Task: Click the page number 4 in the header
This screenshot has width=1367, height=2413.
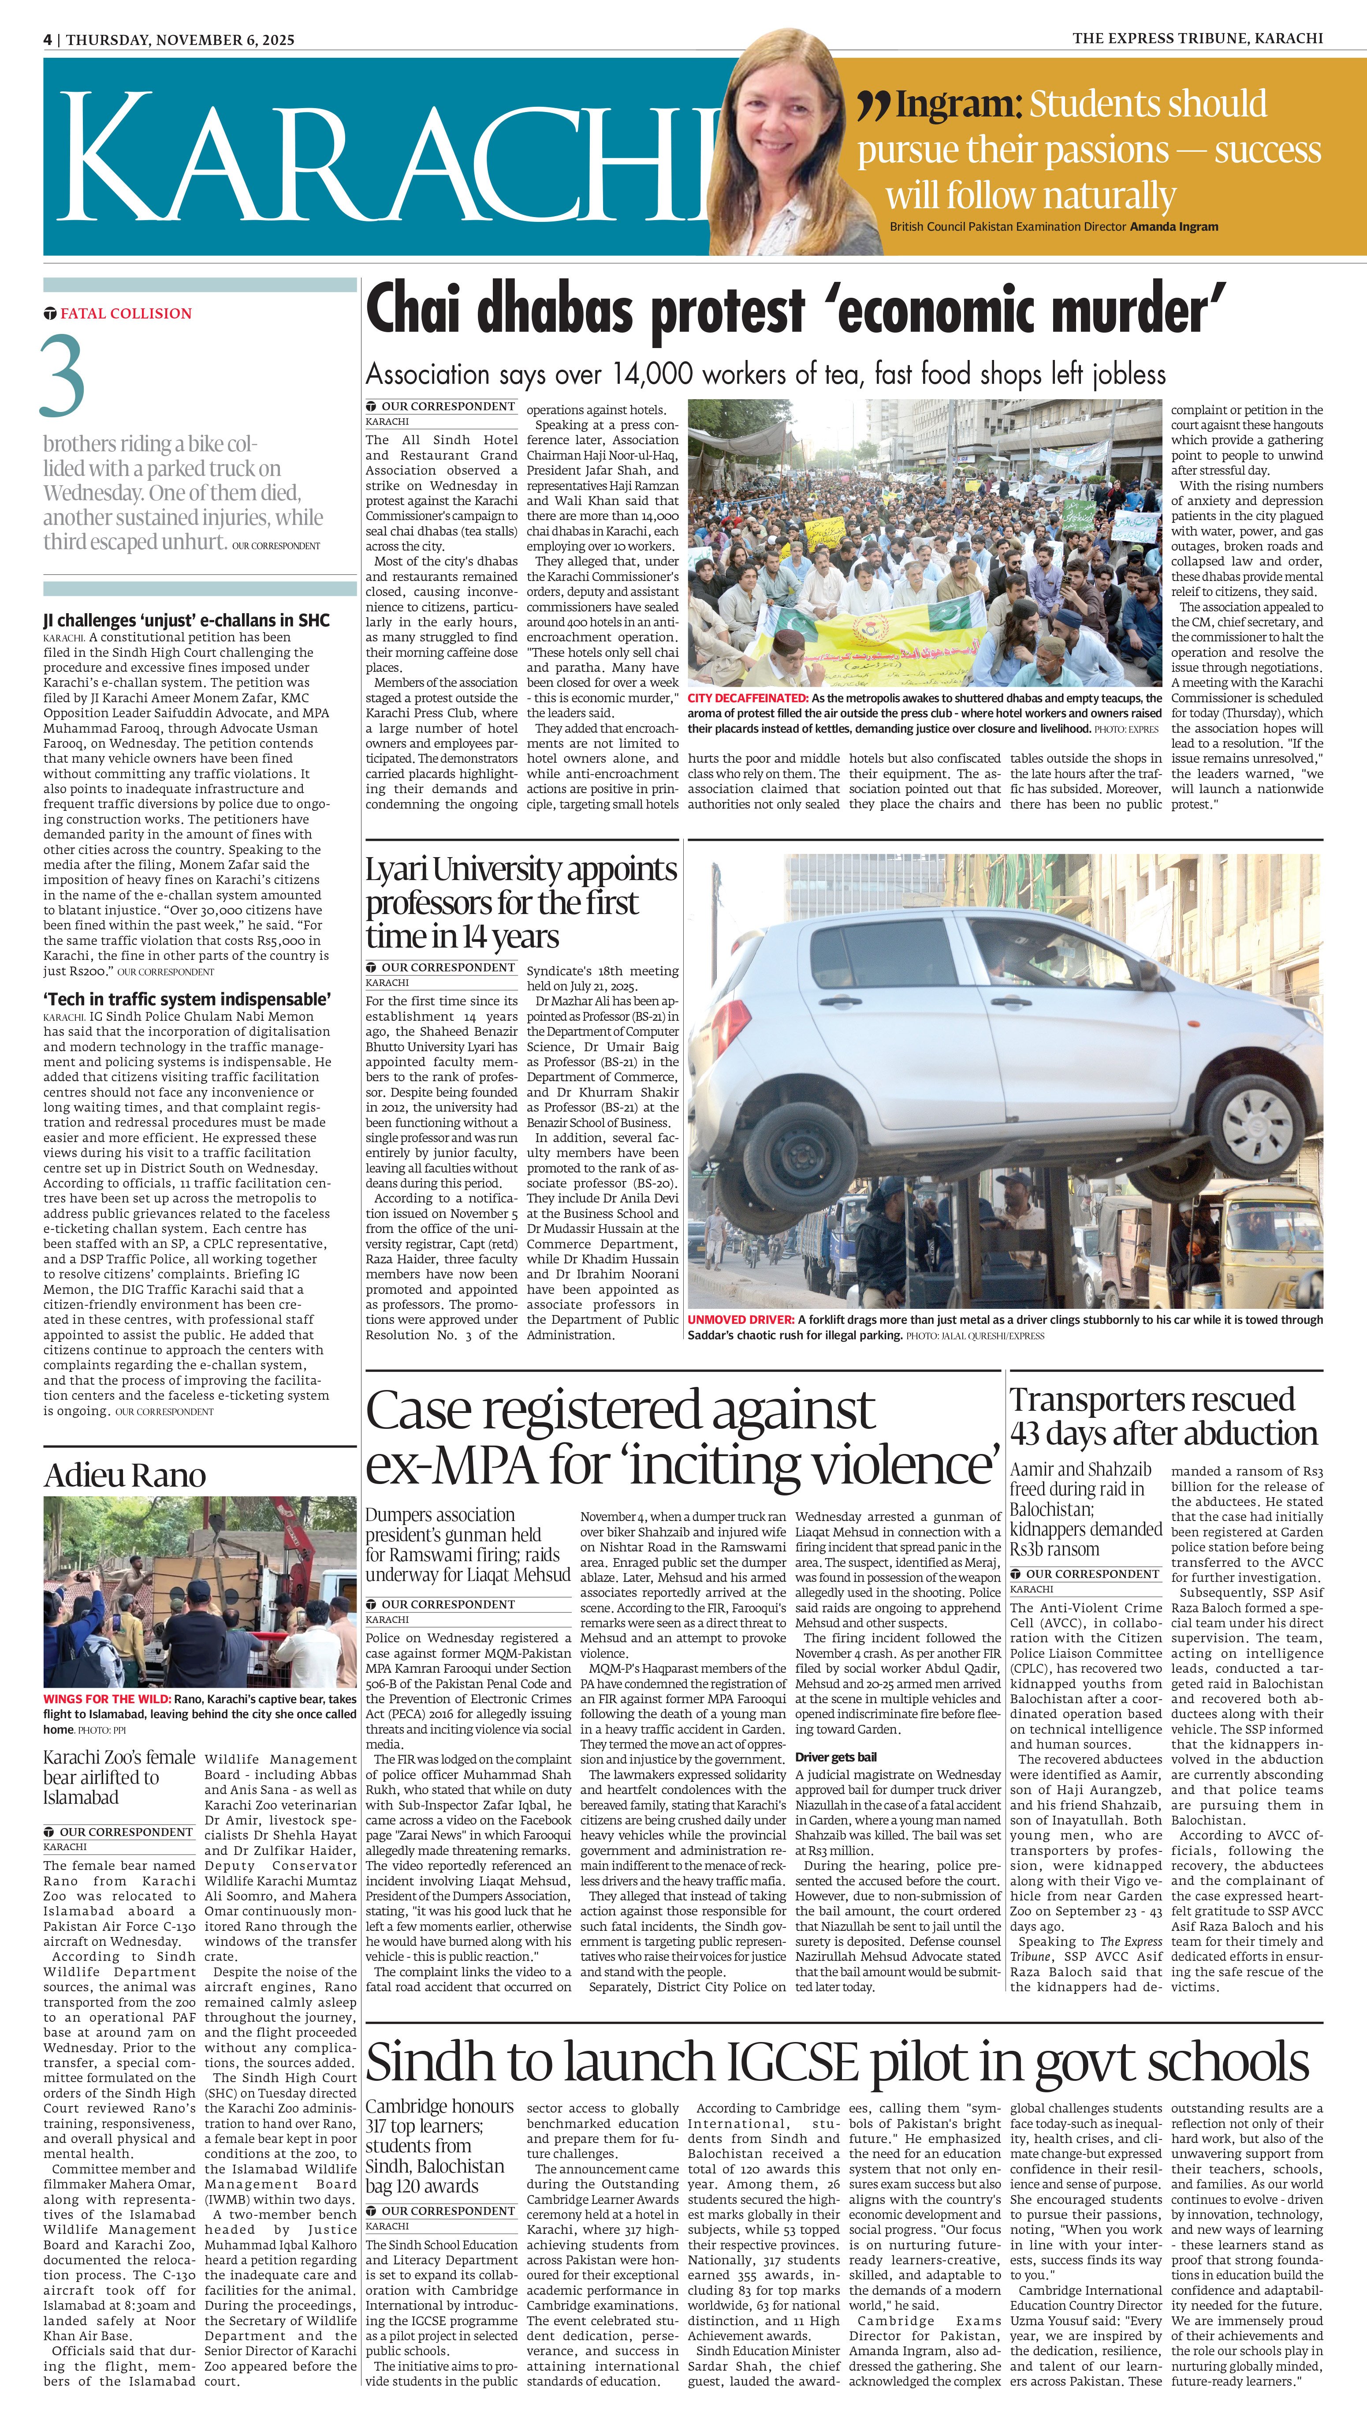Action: (47, 39)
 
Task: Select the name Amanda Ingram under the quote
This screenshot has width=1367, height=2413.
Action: (1173, 226)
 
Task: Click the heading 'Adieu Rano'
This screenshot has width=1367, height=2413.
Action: (125, 1475)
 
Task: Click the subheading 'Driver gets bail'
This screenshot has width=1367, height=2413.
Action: (836, 1757)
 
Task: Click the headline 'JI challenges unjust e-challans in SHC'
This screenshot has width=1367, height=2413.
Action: (186, 620)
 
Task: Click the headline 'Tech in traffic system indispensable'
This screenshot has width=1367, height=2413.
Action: (186, 1000)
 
